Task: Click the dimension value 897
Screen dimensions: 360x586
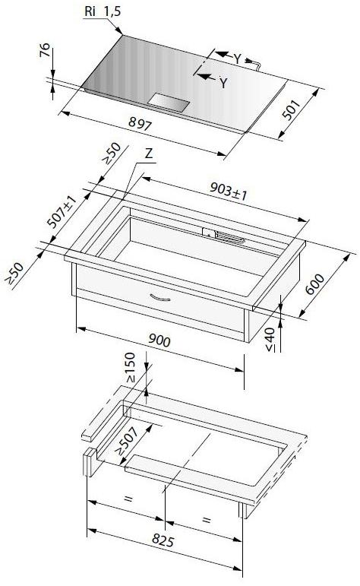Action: [140, 123]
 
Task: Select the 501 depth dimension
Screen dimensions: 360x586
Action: [292, 109]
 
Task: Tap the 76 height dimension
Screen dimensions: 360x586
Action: [45, 49]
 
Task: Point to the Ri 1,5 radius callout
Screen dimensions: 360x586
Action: [103, 11]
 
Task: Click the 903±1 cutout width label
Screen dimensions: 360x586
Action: [229, 192]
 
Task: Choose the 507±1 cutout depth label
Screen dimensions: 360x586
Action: [62, 211]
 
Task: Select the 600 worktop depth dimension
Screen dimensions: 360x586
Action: [315, 284]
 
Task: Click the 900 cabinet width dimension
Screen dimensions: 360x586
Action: [159, 340]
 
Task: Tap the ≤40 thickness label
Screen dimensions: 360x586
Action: [270, 339]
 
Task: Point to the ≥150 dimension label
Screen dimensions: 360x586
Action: [130, 367]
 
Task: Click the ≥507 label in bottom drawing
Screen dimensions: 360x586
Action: [126, 441]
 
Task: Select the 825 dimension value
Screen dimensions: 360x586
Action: [163, 540]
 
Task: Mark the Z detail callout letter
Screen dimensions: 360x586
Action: [149, 154]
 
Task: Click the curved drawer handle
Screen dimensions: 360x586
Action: [160, 298]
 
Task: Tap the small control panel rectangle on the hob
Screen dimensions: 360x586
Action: [169, 103]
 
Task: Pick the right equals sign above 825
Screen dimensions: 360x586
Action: [207, 520]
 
